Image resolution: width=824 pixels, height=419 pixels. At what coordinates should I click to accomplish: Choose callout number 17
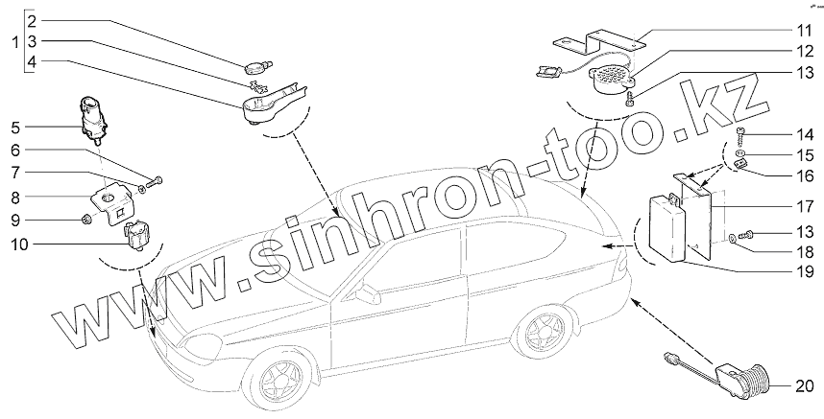(802, 206)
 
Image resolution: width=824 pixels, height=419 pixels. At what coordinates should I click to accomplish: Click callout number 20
(803, 386)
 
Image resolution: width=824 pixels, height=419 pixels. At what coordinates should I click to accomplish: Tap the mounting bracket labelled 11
(600, 41)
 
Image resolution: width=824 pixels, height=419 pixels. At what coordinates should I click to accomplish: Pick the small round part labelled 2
(255, 66)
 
